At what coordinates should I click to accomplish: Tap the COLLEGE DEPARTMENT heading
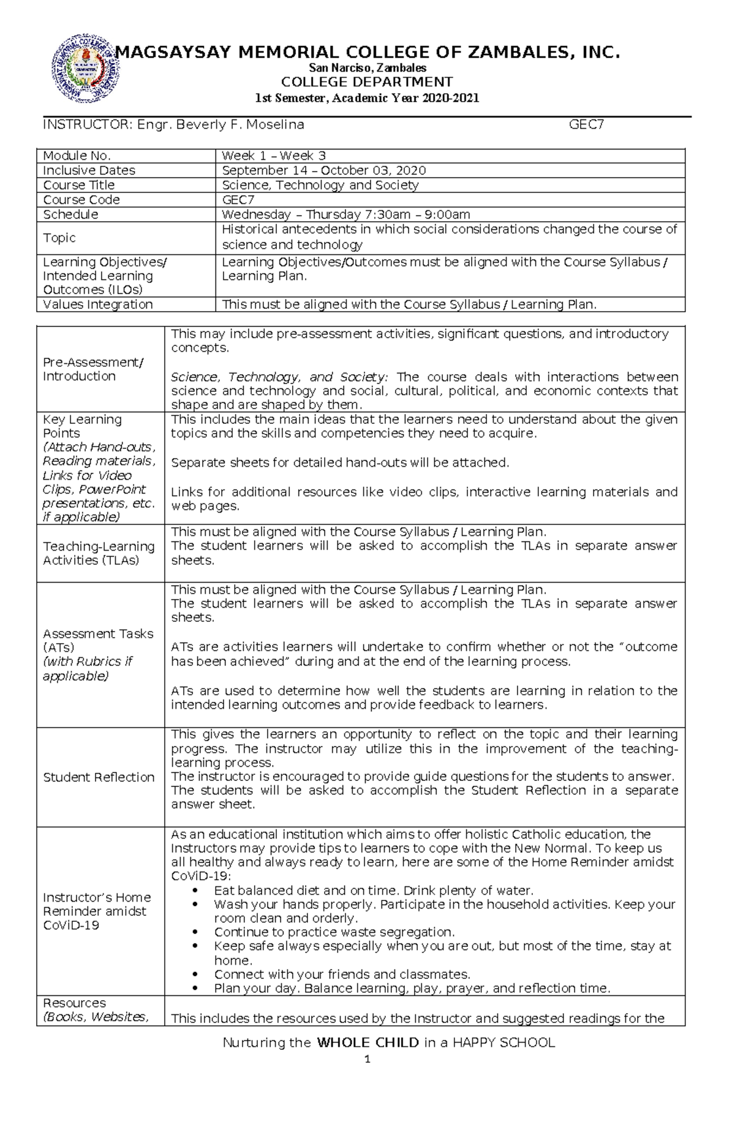pyautogui.click(x=367, y=82)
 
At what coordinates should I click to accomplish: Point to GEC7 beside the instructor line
pyautogui.click(x=587, y=125)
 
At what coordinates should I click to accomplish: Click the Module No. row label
pyautogui.click(x=77, y=156)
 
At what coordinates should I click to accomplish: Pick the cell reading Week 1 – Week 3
pyautogui.click(x=274, y=156)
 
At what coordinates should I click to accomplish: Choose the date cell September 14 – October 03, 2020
pyautogui.click(x=323, y=170)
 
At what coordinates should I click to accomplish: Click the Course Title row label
pyautogui.click(x=78, y=185)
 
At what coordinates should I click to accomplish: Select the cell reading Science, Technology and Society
pyautogui.click(x=320, y=185)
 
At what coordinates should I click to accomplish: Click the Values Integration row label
pyautogui.click(x=97, y=304)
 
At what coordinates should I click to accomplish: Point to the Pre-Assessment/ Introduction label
pyautogui.click(x=92, y=369)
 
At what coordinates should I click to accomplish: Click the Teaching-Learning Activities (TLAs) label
pyautogui.click(x=99, y=553)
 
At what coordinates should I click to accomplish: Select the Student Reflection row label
pyautogui.click(x=99, y=777)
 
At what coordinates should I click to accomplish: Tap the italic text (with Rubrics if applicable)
pyautogui.click(x=87, y=669)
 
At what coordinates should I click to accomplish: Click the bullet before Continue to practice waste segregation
pyautogui.click(x=195, y=932)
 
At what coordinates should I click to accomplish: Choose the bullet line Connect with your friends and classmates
pyautogui.click(x=342, y=975)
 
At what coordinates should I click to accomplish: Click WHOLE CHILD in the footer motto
pyautogui.click(x=367, y=1043)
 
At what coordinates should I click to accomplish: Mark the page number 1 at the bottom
pyautogui.click(x=367, y=1061)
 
